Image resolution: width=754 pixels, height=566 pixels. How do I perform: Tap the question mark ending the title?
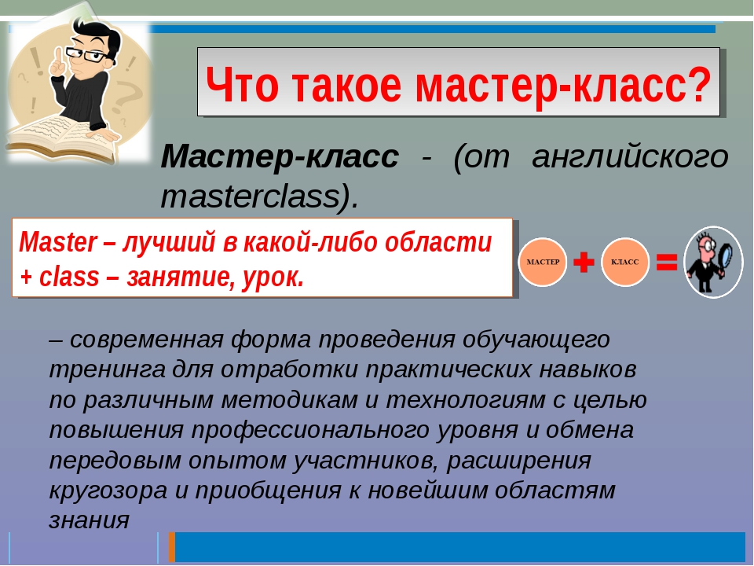pos(697,83)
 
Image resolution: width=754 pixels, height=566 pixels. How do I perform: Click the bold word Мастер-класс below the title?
pos(280,156)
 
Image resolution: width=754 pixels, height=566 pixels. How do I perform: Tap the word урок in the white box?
pos(276,277)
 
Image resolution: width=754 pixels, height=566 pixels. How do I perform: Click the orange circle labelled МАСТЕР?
pos(542,262)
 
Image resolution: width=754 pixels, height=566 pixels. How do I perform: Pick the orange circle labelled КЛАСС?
pos(625,262)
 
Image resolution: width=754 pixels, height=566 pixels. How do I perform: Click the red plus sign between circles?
pos(584,262)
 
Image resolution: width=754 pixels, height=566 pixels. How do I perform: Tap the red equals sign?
pos(666,262)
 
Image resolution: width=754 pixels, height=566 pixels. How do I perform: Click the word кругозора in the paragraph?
pos(101,491)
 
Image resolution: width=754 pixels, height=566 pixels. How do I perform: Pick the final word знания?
pos(88,520)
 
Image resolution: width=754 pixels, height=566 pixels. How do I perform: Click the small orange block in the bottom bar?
pos(171,547)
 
